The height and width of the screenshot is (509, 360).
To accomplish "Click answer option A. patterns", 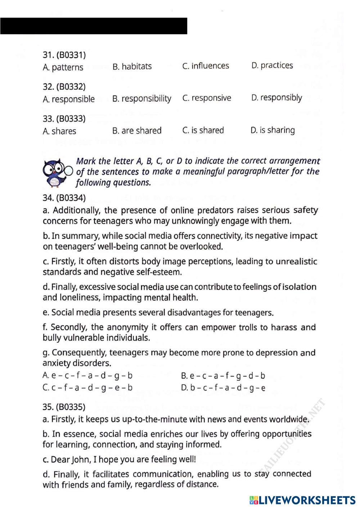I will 63,67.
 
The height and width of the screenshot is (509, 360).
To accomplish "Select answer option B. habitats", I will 132,67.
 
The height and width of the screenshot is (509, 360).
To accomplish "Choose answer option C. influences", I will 206,66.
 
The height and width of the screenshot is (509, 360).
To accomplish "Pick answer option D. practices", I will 272,65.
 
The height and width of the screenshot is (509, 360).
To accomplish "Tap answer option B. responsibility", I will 141,99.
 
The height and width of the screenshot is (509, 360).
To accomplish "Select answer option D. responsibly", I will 276,97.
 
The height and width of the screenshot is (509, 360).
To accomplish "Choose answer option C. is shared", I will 203,130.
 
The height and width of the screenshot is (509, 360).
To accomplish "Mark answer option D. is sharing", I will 273,130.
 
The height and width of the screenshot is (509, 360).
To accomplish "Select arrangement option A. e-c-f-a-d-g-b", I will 87,376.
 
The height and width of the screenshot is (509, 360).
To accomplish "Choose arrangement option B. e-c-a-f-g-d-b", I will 223,376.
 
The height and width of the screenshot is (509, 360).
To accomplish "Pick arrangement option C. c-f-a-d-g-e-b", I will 87,388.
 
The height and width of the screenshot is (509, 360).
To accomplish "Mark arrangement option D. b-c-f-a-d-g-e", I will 223,388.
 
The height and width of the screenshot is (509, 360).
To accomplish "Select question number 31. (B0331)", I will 64,55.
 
